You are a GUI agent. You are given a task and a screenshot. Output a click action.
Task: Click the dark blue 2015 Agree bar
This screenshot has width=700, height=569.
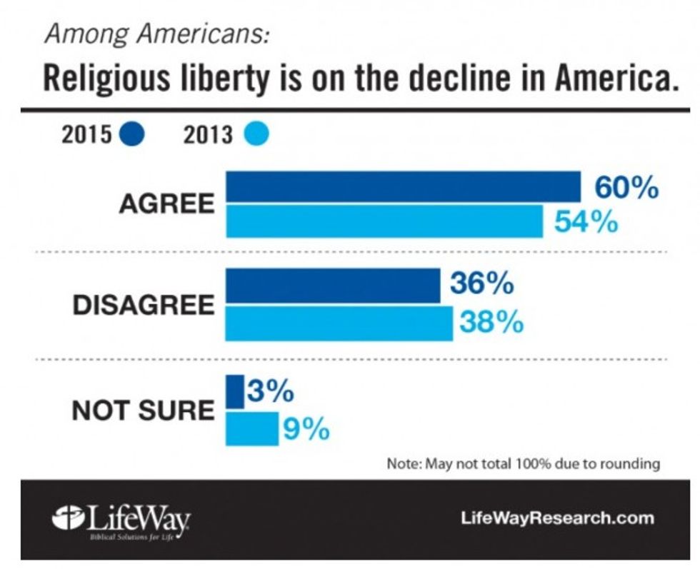tap(403, 187)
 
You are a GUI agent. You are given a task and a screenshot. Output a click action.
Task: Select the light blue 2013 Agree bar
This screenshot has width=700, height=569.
tap(384, 221)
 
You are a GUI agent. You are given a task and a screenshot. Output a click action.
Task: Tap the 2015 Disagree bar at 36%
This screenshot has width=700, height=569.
tap(333, 286)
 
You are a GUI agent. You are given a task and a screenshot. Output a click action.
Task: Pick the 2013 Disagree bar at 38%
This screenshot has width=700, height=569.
tap(339, 323)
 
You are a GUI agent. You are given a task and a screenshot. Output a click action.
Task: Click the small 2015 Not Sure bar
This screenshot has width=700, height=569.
tap(235, 393)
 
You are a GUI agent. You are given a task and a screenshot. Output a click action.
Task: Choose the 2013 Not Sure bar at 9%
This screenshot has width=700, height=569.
tap(252, 428)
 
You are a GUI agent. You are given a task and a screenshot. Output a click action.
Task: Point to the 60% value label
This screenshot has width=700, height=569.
tap(626, 188)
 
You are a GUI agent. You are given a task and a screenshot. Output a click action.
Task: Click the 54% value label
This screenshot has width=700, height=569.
tap(586, 223)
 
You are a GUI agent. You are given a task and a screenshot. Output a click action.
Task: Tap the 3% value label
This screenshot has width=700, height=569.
tap(271, 392)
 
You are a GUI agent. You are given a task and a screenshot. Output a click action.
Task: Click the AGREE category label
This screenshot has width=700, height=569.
tap(166, 204)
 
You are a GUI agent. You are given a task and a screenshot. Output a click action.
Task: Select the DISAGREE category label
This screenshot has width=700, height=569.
tap(143, 305)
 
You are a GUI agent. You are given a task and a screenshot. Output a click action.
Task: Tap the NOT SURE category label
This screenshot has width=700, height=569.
tap(143, 411)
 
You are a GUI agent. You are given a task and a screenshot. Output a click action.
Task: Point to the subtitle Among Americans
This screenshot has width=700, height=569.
tap(156, 34)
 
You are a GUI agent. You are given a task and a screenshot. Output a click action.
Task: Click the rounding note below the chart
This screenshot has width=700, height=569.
tap(523, 464)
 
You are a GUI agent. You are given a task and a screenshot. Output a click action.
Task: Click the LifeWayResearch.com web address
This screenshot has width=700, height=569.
tap(559, 518)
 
